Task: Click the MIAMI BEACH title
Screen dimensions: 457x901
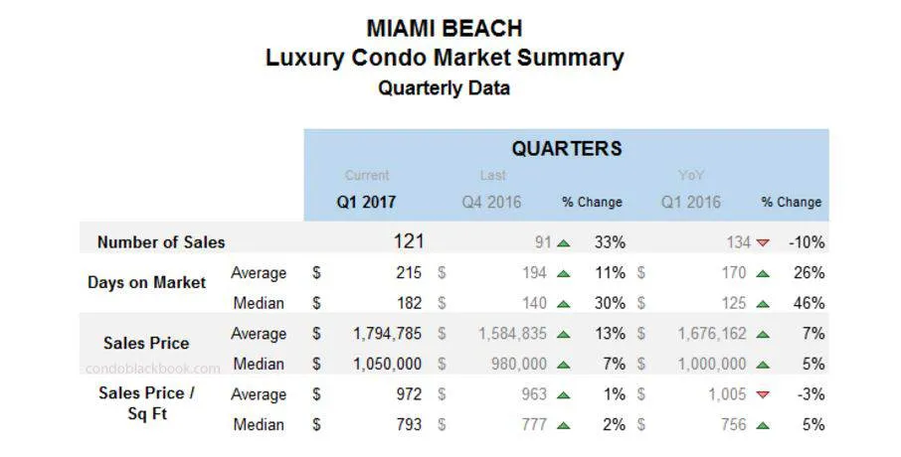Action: pos(444,27)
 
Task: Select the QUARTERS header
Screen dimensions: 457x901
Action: pos(566,149)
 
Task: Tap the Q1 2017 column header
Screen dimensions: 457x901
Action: pos(366,202)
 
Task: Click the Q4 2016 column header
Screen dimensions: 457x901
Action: pos(491,202)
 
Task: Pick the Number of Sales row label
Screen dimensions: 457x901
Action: pos(161,241)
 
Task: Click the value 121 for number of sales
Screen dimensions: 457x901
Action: pos(408,241)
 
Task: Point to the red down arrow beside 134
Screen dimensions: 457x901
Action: pos(763,242)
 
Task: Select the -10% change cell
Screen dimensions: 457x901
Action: pos(806,241)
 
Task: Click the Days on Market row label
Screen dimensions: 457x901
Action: pos(147,282)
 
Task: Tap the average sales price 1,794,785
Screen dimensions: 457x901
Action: pos(388,334)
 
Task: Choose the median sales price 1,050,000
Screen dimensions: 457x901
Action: pos(388,364)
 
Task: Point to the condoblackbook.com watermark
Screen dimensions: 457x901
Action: pos(153,368)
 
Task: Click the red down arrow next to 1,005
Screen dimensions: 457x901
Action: pos(763,394)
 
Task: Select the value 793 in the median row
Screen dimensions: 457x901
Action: pos(408,424)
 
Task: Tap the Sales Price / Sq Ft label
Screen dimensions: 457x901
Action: pos(146,402)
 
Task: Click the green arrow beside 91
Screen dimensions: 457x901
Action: pos(564,242)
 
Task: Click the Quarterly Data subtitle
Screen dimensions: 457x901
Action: pos(444,87)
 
